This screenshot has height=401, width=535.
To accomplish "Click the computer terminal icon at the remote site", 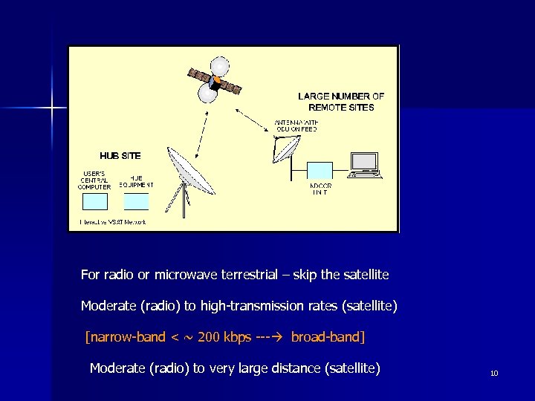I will (365, 165).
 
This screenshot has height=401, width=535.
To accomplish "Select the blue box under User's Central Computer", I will (94, 201).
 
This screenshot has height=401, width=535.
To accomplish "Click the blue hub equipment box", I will (136, 201).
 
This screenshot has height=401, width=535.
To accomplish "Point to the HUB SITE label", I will (120, 156).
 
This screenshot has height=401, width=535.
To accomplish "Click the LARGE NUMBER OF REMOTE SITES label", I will (341, 102).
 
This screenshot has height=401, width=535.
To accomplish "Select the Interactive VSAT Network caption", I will (113, 222).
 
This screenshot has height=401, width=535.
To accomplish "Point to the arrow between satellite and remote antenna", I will (253, 120).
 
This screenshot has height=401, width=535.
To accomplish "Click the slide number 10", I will (494, 373).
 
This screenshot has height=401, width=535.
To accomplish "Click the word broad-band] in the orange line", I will (328, 337).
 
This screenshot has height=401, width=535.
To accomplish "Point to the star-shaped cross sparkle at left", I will (53, 108).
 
